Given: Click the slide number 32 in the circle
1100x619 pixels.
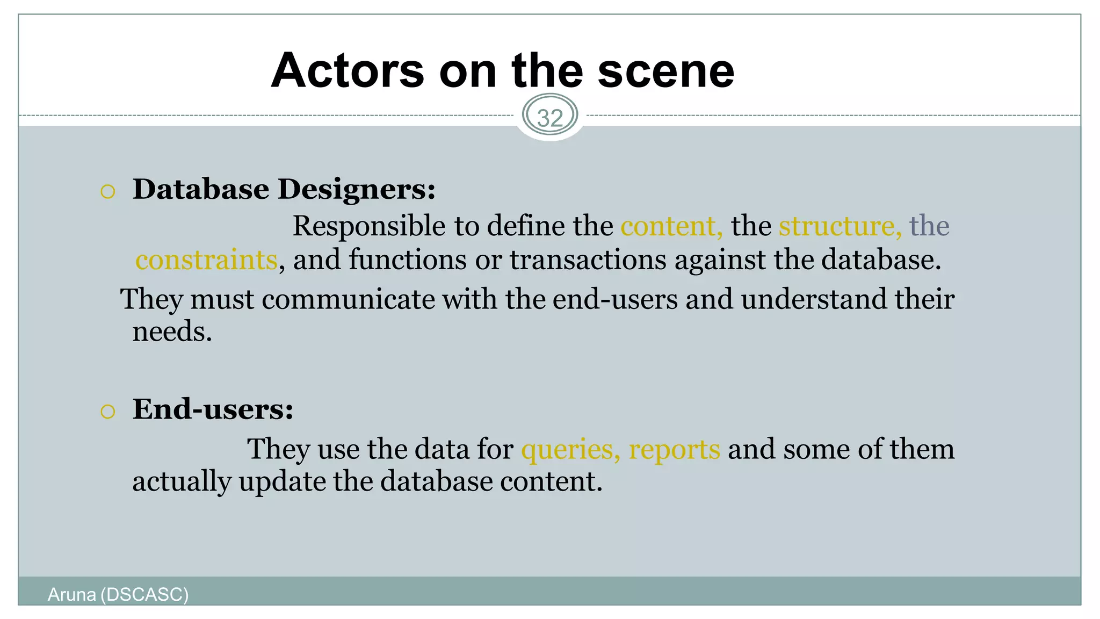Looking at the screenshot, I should coord(550,118).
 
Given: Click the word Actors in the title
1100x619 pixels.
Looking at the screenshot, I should coord(348,71).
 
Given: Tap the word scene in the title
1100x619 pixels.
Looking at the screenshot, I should coord(665,71).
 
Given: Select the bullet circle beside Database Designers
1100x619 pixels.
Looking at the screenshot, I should coord(108,192).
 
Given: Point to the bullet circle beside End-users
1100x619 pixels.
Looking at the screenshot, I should coord(108,412).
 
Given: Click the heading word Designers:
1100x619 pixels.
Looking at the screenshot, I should coord(356,190).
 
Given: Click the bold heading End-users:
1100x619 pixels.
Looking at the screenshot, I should coord(213,409).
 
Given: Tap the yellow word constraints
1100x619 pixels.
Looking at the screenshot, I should coord(206,260).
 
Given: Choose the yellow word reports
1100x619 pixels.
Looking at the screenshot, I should coord(674,449).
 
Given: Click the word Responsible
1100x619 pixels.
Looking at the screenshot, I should coord(369,226).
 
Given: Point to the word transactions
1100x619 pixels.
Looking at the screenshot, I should coord(588,260).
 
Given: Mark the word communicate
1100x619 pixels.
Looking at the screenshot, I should coord(348,299).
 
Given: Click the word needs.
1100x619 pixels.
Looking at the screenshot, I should coord(172,332).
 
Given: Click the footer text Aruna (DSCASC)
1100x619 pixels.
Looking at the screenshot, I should coord(118,595).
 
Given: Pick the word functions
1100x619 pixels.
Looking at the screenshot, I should coord(408,260).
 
